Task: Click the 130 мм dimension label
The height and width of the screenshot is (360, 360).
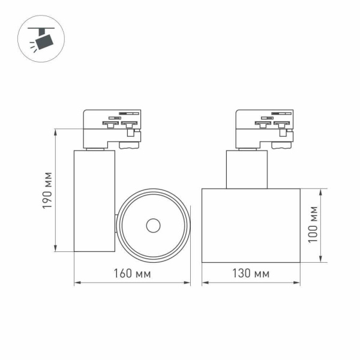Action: (250, 273)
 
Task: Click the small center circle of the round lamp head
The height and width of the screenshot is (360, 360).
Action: (153, 225)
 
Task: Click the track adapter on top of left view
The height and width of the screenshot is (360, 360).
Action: (112, 127)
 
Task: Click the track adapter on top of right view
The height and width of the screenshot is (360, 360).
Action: (264, 127)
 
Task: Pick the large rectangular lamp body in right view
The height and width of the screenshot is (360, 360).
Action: (250, 225)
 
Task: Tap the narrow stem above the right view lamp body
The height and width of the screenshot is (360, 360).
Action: (247, 169)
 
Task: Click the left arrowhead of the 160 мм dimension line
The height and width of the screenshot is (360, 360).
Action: (76, 282)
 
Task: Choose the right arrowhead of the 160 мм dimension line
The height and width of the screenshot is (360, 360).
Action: (188, 282)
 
